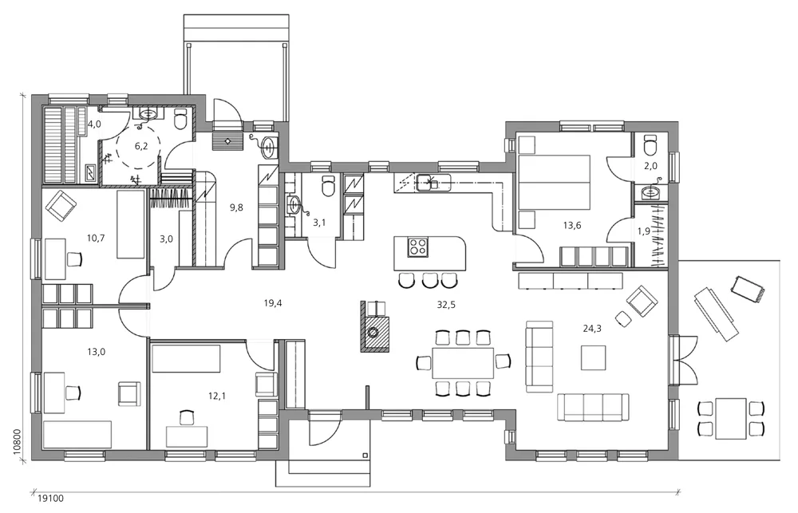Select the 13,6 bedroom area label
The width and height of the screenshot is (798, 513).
tap(572, 225)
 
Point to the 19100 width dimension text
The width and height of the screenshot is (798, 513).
tap(51, 498)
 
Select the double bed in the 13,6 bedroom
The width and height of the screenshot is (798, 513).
tap(555, 183)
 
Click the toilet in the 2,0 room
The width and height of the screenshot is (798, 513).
tap(650, 148)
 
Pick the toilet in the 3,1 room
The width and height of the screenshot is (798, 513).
tap(326, 188)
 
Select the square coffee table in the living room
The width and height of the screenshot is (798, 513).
tap(593, 357)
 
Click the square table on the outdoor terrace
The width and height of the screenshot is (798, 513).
tap(730, 418)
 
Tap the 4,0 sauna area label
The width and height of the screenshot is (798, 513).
tap(94, 124)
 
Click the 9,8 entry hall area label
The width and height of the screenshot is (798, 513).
tap(237, 207)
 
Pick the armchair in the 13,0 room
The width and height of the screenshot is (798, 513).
tap(128, 393)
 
